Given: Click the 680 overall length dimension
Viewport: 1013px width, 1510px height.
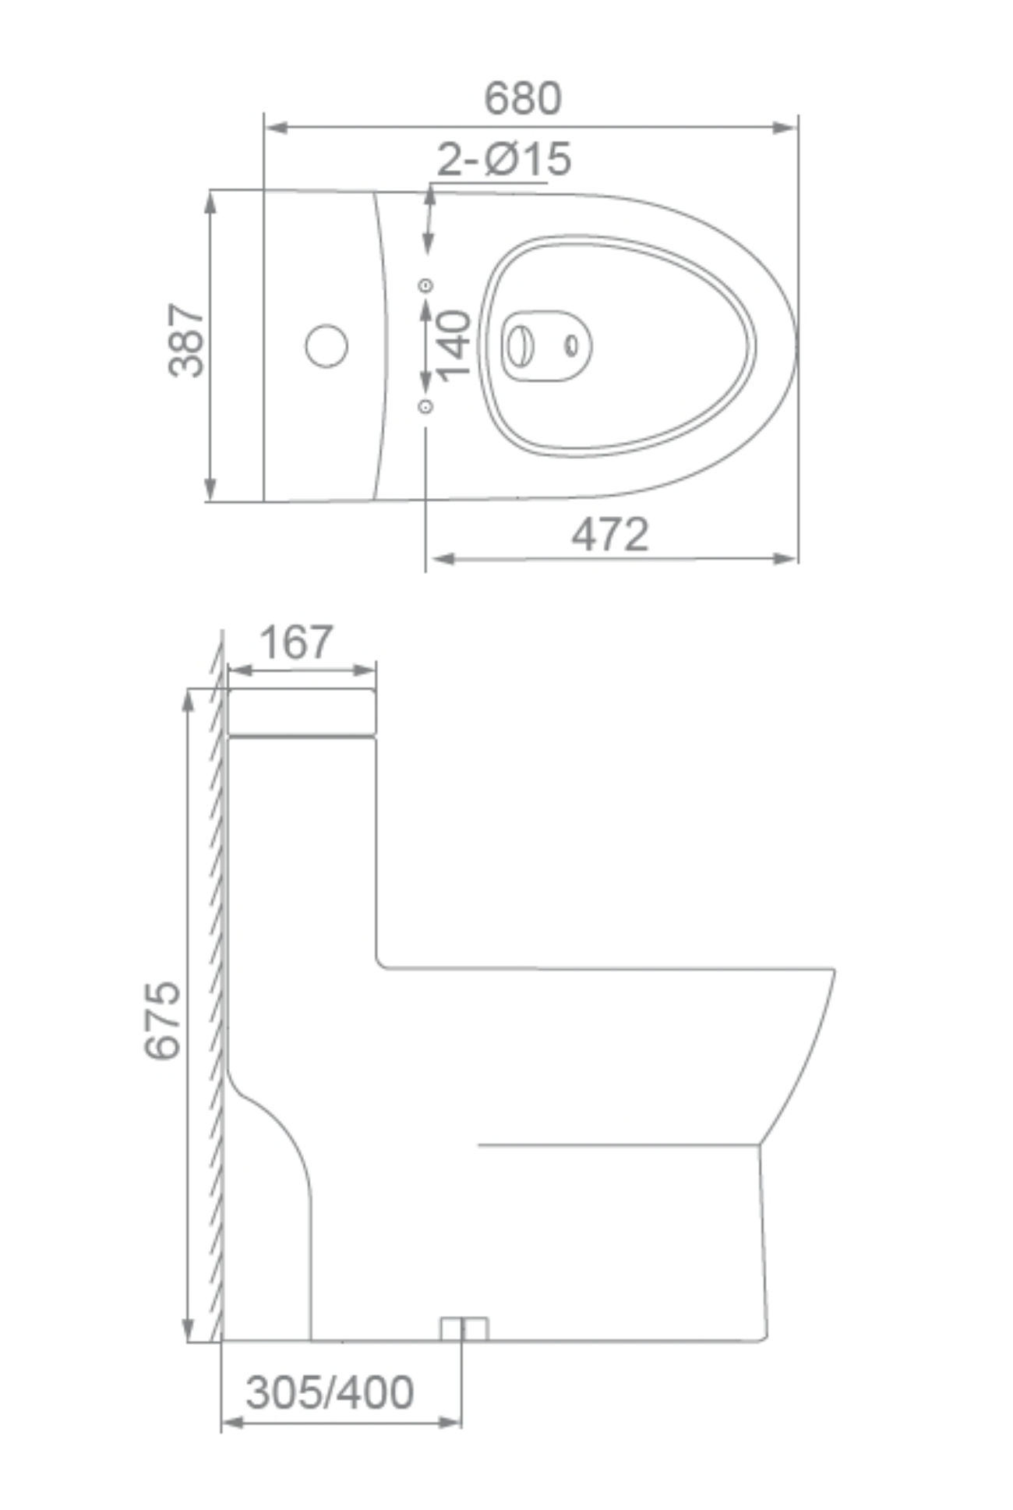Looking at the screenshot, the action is coord(522,98).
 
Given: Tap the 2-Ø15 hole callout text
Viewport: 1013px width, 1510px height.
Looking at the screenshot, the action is coord(503,159).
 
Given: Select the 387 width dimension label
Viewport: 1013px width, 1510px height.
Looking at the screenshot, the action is coord(186,340).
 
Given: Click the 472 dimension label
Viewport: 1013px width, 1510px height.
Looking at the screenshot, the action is coord(610,535).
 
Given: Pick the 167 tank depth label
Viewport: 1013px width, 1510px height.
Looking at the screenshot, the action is coord(296,642).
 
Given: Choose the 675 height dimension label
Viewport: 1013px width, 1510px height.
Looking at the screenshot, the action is coord(162,1020).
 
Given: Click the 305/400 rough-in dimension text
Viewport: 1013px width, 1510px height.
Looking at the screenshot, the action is coord(330,1392).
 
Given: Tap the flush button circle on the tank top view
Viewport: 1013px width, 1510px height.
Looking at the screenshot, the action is coord(326,345).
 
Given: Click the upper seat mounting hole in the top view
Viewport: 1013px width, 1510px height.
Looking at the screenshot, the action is coord(426,285).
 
